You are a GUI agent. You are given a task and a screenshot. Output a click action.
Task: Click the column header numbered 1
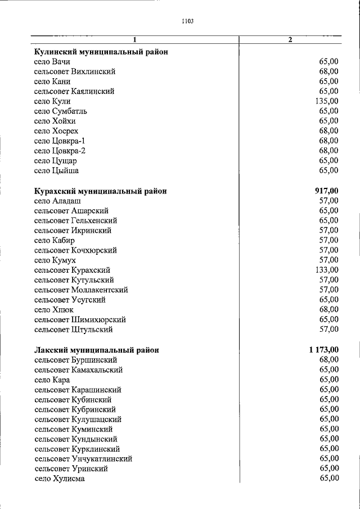tap(135, 39)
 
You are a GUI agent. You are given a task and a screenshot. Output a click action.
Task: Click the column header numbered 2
tap(290, 39)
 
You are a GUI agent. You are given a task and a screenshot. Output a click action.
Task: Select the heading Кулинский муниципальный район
tap(101, 52)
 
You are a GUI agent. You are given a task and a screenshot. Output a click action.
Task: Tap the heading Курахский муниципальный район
tap(100, 191)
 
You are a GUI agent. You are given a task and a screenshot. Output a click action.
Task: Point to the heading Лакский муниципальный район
tap(96, 350)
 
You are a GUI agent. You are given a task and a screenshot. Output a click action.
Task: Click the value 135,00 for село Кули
tap(327, 101)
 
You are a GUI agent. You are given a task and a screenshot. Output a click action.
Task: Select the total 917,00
tap(327, 191)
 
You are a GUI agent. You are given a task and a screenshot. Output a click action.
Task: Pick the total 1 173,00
tap(323, 350)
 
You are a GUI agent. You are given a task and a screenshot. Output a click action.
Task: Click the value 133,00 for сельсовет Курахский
tap(327, 270)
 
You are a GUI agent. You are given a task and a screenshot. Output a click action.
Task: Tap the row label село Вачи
tap(52, 62)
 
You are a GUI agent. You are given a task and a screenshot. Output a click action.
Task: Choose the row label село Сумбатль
tap(60, 111)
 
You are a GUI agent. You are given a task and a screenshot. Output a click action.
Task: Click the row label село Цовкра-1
tap(60, 141)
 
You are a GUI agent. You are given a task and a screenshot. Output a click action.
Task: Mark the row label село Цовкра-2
tap(60, 151)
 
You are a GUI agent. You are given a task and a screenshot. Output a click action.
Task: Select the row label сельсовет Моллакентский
tap(80, 290)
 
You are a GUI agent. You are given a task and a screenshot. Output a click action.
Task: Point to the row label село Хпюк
tap(53, 309)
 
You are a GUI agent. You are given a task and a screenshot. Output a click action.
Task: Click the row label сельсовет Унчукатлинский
tap(83, 458)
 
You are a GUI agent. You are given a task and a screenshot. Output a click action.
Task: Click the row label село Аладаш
tap(57, 201)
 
